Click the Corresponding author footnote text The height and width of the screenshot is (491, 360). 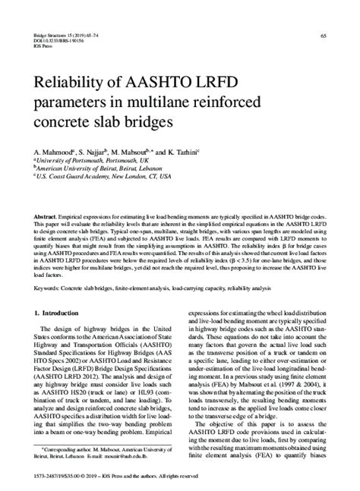pos(91,449)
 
